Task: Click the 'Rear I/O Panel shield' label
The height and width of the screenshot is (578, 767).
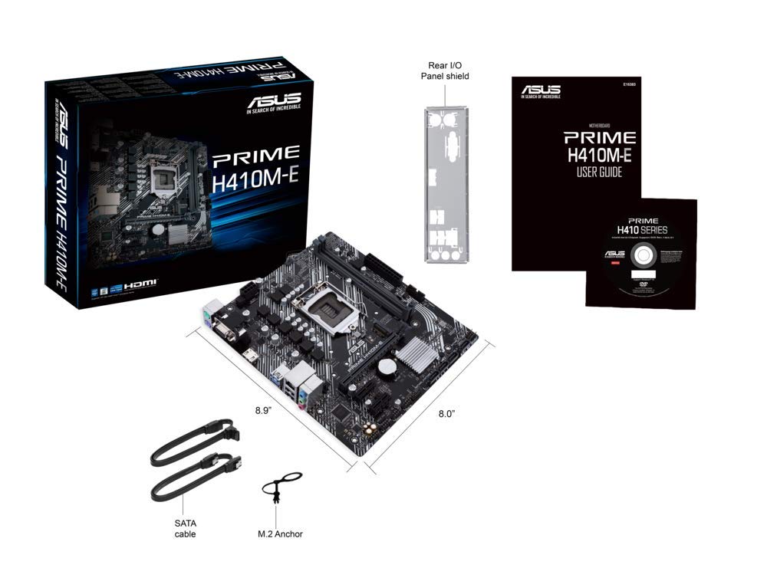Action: [444, 70]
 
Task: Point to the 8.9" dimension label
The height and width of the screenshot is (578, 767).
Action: [265, 410]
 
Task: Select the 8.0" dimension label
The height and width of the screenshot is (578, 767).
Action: [446, 413]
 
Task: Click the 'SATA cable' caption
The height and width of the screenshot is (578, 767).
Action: [185, 527]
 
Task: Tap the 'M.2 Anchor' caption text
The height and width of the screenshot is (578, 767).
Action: [280, 534]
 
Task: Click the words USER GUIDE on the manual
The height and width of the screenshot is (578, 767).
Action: [599, 172]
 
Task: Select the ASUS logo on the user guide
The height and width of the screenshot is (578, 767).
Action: [541, 90]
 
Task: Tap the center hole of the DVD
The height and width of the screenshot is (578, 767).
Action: [641, 271]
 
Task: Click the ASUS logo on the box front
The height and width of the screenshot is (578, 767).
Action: [273, 102]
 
